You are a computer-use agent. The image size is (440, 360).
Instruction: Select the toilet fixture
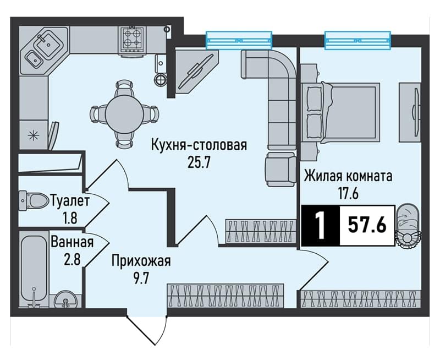tap(34, 200)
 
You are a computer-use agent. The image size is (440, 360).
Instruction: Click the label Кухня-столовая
tap(199, 145)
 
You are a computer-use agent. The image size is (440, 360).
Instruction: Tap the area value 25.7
tap(199, 162)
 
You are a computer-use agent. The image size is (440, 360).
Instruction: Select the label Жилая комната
tap(348, 177)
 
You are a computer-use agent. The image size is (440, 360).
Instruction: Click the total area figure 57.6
tap(367, 225)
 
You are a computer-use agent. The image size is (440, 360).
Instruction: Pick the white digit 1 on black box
tap(321, 225)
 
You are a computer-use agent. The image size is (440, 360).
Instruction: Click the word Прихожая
tap(141, 261)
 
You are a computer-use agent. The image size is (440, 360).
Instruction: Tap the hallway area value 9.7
tap(141, 279)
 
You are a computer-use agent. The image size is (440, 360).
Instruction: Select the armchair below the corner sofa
tap(280, 169)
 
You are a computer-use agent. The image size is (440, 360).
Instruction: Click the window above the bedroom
tap(358, 40)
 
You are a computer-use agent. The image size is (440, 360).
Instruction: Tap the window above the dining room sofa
tap(239, 40)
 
